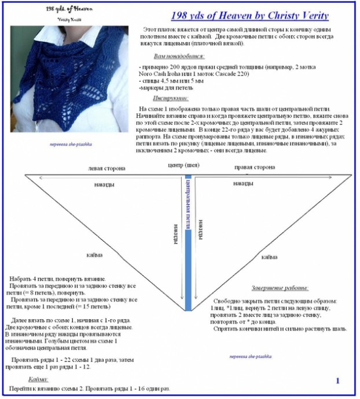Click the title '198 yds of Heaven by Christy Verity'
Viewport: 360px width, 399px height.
pyautogui.click(x=250, y=16)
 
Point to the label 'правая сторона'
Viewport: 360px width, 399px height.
pyautogui.click(x=255, y=168)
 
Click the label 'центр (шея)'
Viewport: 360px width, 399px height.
pyautogui.click(x=179, y=165)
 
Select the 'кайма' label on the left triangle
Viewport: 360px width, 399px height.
pyautogui.click(x=95, y=255)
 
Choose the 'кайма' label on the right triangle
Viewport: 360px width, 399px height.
pyautogui.click(x=269, y=257)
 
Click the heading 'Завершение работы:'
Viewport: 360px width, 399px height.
pyautogui.click(x=280, y=288)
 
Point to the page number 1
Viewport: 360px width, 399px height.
pyautogui.click(x=337, y=380)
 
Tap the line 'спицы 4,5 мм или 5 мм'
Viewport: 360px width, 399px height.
pyautogui.click(x=172, y=82)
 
